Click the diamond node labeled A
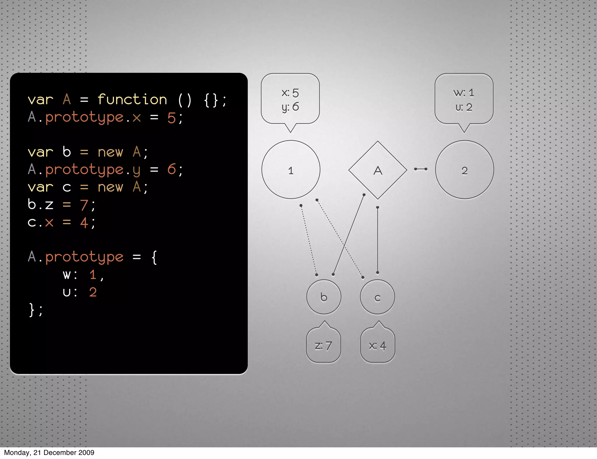coord(377,170)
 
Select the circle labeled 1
coord(291,170)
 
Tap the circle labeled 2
coord(464,170)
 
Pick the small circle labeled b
coord(324,297)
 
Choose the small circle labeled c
coord(377,297)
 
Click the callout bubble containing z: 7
coord(323,345)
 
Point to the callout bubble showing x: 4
coord(377,345)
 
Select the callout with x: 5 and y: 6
coord(290,99)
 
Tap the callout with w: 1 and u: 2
coord(464,99)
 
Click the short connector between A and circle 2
coord(421,169)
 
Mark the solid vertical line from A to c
coord(377,240)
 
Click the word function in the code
coord(132,100)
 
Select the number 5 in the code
coord(171,118)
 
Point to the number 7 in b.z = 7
coord(84,205)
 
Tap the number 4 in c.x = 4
coord(84,223)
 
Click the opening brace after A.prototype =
coord(154,257)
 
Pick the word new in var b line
coord(110,152)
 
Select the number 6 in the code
coord(171,170)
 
